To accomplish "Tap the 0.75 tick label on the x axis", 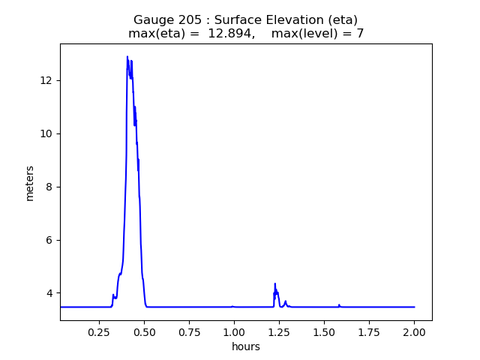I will coord(189,331).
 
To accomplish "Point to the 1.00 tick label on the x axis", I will coord(234,331).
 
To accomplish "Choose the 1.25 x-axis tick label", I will coord(279,331).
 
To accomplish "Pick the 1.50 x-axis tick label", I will coord(324,331).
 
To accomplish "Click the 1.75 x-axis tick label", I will coord(369,331).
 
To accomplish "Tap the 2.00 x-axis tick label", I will coord(414,331).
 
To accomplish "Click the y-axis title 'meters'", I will coord(30,183).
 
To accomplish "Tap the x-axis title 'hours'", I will coord(246,346).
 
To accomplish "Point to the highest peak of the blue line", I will coord(127,56).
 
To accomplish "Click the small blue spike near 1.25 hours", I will coord(275,283).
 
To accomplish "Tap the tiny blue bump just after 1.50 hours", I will coord(339,304).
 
